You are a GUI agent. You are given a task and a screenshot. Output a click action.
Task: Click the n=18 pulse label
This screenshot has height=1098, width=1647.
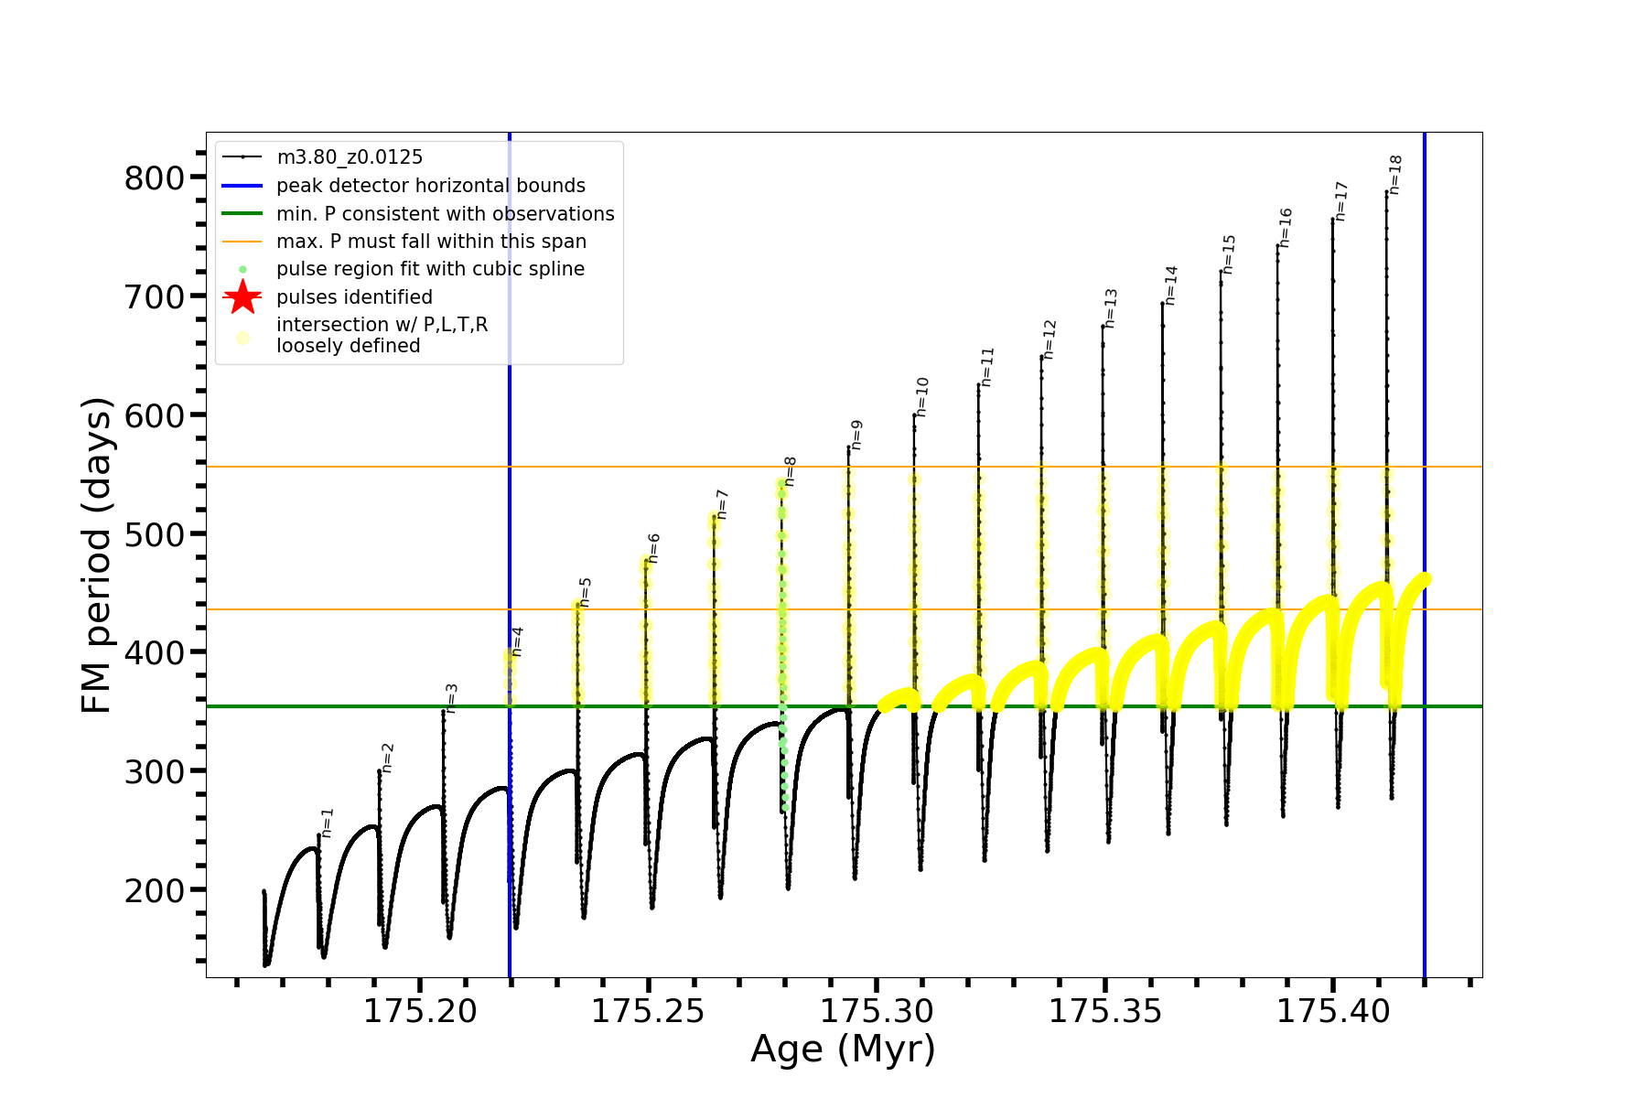[1395, 175]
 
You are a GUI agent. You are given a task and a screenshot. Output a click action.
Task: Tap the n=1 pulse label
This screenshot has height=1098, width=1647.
[328, 823]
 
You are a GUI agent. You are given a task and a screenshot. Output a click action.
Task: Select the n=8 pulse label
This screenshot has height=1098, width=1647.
[790, 471]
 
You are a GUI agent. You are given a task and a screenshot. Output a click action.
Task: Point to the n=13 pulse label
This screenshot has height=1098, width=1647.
[1111, 308]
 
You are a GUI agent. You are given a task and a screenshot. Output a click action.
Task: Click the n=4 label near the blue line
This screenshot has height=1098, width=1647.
[517, 641]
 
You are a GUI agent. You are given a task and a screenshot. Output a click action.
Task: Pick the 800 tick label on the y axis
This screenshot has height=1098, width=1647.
[154, 178]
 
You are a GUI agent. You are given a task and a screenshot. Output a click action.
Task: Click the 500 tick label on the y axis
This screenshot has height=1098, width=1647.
[154, 533]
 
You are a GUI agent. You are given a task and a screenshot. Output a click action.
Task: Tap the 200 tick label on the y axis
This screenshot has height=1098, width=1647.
[154, 889]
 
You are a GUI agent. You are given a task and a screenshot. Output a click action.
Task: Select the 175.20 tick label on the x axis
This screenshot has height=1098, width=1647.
[420, 1011]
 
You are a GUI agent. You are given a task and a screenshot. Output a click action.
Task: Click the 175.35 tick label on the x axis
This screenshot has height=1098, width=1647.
[1105, 1011]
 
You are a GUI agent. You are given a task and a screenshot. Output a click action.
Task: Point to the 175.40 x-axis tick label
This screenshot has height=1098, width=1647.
[1333, 1011]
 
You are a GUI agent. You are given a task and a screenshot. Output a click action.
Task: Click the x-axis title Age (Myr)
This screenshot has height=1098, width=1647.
[843, 1049]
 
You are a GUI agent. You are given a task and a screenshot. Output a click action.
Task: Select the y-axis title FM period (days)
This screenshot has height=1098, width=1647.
[96, 555]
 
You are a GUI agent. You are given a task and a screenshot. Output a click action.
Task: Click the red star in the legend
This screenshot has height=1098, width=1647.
[242, 296]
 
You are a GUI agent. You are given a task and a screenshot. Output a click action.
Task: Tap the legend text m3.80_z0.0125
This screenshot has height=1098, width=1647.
[350, 157]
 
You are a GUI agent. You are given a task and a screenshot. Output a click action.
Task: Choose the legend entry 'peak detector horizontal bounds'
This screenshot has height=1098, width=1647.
[431, 186]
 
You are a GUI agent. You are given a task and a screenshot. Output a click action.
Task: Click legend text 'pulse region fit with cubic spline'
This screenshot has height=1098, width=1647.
[430, 269]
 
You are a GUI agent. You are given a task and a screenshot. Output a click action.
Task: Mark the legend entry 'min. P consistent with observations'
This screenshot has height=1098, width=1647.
[445, 214]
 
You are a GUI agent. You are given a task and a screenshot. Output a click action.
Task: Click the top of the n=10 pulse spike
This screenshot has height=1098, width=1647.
[914, 415]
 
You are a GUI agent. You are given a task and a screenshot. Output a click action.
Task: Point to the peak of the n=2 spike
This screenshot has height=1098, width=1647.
[379, 770]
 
